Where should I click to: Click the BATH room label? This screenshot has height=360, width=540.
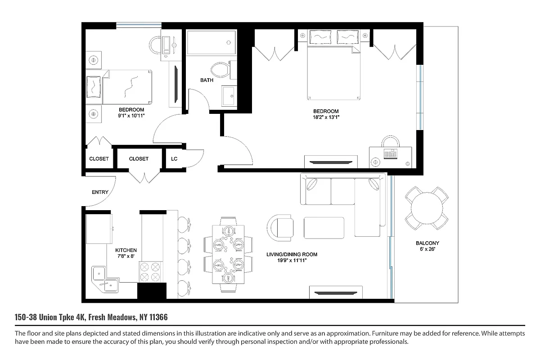pyautogui.click(x=207, y=81)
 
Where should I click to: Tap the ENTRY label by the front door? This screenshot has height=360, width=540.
pyautogui.click(x=100, y=192)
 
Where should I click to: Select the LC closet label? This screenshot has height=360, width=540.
pyautogui.click(x=174, y=159)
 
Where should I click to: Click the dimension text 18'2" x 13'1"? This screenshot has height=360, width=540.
pyautogui.click(x=326, y=117)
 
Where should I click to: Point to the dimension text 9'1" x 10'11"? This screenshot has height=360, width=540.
pyautogui.click(x=131, y=116)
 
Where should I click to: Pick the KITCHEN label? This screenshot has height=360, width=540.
pyautogui.click(x=126, y=250)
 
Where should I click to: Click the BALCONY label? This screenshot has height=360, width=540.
pyautogui.click(x=427, y=243)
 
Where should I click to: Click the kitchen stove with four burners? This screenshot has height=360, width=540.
pyautogui.click(x=150, y=271)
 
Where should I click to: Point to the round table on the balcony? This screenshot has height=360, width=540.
pyautogui.click(x=427, y=207)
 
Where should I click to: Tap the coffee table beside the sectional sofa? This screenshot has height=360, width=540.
pyautogui.click(x=324, y=228)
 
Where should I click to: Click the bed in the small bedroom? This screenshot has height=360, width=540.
pyautogui.click(x=121, y=86)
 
